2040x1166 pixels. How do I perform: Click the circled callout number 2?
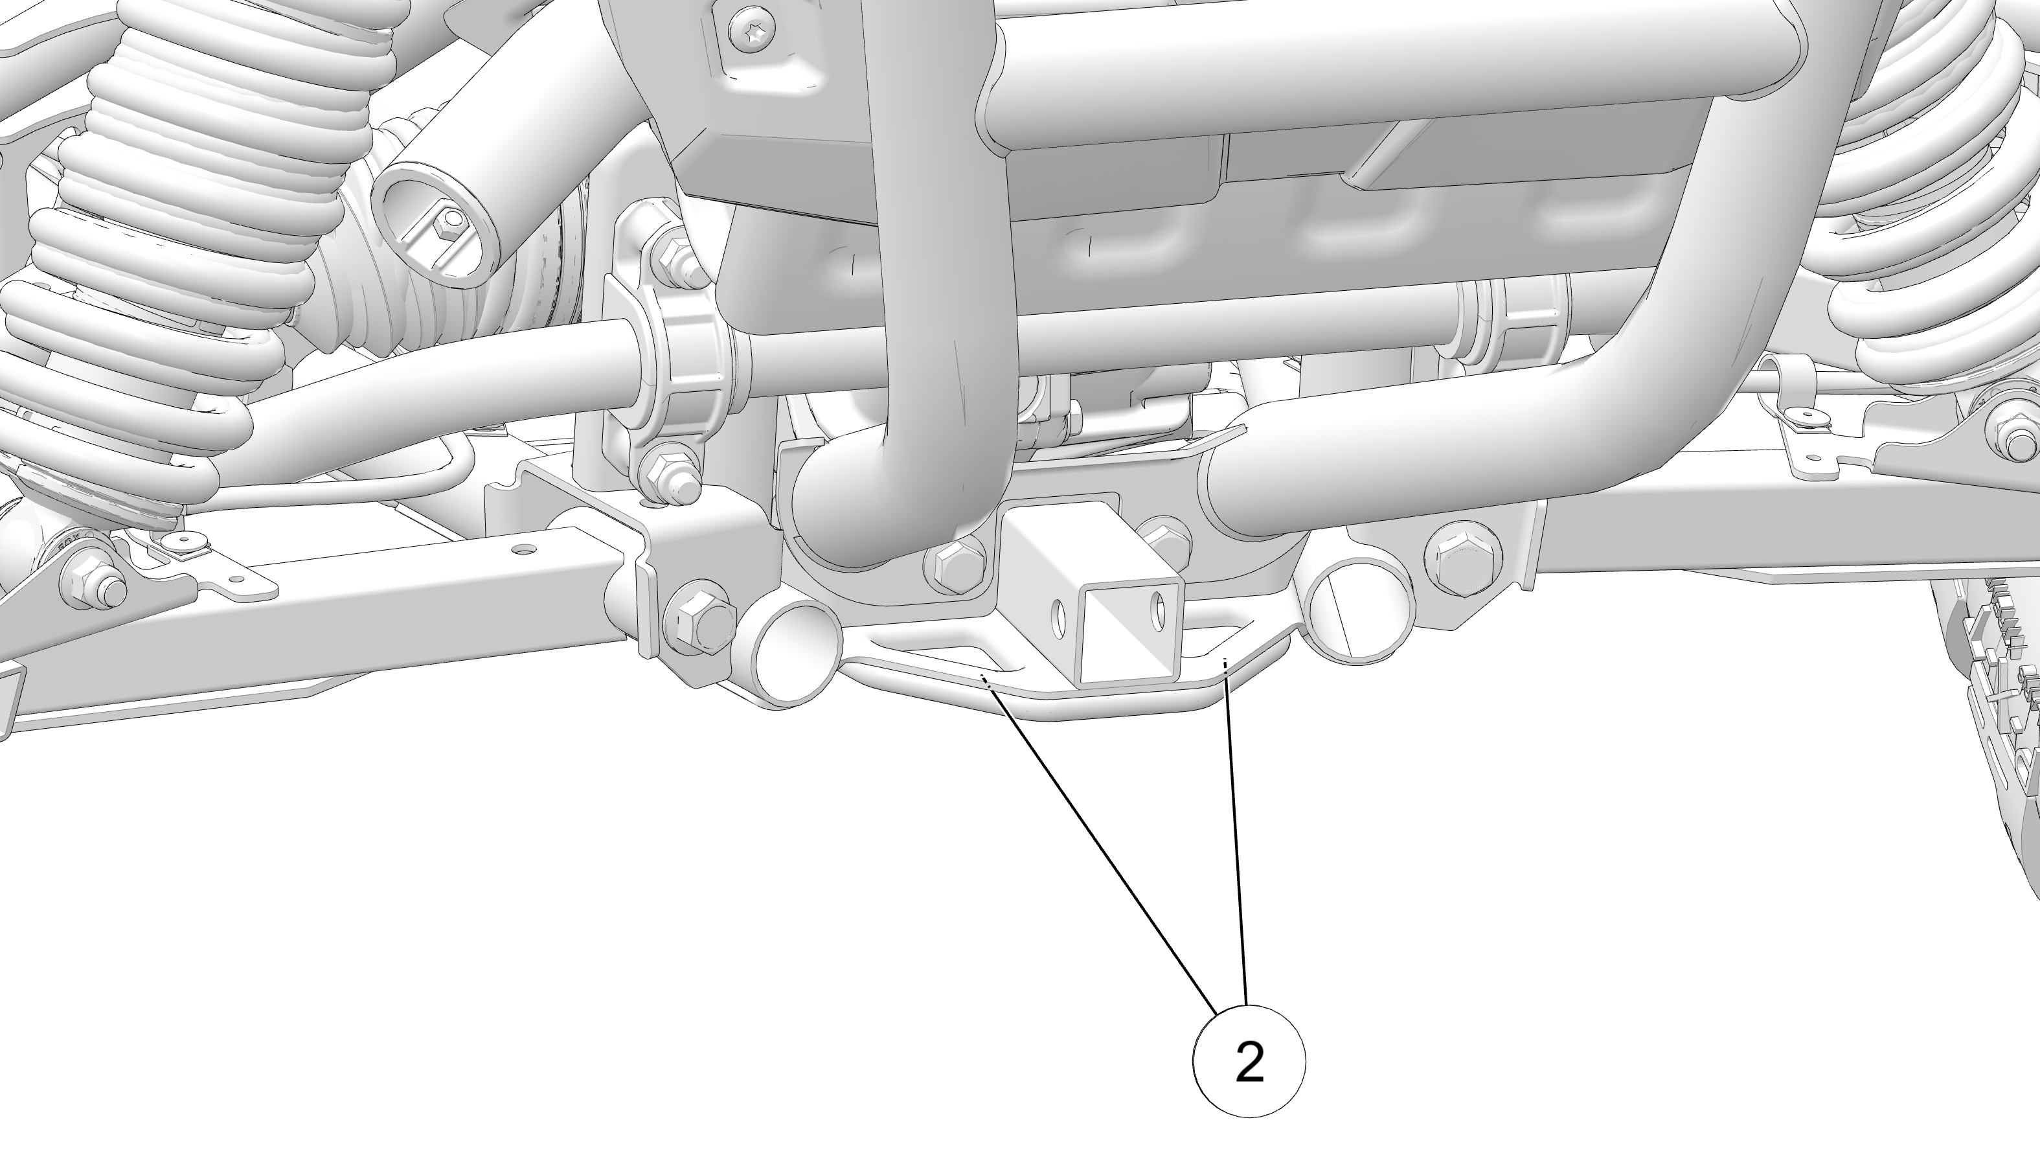[1249, 1061]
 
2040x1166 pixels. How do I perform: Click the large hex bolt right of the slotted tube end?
[1463, 556]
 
